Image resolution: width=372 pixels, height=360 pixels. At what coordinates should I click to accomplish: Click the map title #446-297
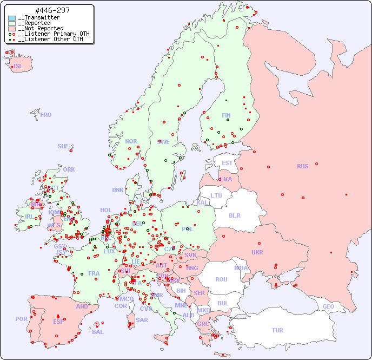pyautogui.click(x=51, y=10)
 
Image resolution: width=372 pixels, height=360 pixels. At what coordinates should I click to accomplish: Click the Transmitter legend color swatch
pyautogui.click(x=12, y=18)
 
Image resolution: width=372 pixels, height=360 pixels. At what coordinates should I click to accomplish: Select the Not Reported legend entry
pyautogui.click(x=41, y=28)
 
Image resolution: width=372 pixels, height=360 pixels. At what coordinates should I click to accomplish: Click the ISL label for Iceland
pyautogui.click(x=18, y=67)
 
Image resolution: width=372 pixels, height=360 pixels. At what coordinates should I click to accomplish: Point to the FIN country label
pyautogui.click(x=226, y=115)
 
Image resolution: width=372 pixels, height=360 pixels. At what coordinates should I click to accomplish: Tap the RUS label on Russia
pyautogui.click(x=302, y=166)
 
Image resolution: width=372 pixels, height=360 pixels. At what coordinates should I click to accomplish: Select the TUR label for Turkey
pyautogui.click(x=277, y=330)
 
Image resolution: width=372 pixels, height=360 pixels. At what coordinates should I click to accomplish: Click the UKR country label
pyautogui.click(x=257, y=252)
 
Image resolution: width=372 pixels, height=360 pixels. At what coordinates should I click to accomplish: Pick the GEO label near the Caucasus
pyautogui.click(x=328, y=306)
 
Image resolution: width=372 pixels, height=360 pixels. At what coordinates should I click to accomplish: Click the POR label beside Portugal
pyautogui.click(x=21, y=319)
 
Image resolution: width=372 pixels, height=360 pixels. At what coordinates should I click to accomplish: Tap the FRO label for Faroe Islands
pyautogui.click(x=46, y=115)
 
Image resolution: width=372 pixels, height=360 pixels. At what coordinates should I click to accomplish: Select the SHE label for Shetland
pyautogui.click(x=63, y=146)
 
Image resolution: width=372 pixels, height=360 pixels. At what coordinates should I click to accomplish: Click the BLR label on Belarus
pyautogui.click(x=234, y=215)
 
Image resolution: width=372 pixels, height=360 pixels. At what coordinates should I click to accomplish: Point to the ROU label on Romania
pyautogui.click(x=221, y=279)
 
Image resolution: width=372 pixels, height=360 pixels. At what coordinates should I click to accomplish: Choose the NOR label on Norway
pyautogui.click(x=131, y=141)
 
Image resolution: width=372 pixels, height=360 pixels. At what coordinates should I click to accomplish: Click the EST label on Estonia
pyautogui.click(x=227, y=163)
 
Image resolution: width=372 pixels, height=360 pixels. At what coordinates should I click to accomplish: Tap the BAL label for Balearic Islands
pyautogui.click(x=98, y=332)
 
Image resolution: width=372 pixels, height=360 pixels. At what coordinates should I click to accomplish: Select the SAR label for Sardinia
pyautogui.click(x=142, y=320)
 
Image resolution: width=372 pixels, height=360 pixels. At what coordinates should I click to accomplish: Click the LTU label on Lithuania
pyautogui.click(x=216, y=195)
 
